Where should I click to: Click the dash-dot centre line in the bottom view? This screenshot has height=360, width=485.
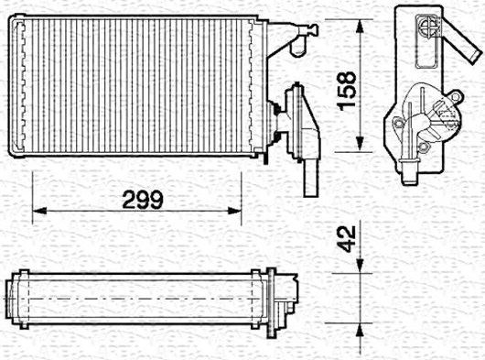point(137,299)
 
